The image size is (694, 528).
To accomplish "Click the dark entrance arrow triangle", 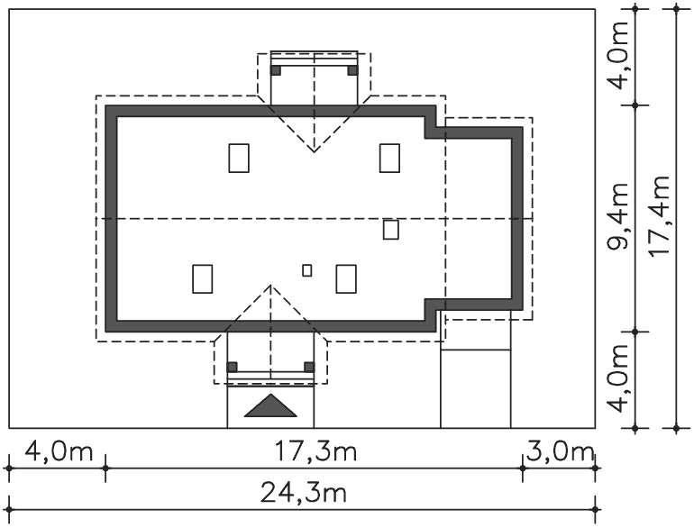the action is point(270,406).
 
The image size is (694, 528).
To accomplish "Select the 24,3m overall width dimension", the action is point(303,493).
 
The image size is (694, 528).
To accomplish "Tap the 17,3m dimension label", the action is point(315,452).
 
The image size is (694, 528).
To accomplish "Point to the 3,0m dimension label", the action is point(560,452).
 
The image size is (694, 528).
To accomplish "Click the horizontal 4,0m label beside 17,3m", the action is point(59,452).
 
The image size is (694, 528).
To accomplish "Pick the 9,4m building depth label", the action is point(618,216).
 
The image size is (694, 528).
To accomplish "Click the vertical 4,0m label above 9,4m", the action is point(618,55).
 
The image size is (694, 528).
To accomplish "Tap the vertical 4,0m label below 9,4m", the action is point(618,378).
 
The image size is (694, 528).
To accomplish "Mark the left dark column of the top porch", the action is point(276,70).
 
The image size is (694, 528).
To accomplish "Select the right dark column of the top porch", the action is point(352,70).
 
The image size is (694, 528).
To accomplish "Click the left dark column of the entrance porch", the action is point(232,367).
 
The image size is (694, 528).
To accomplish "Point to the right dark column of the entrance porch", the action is point(309,367).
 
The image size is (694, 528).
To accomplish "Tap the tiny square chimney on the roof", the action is point(307,270).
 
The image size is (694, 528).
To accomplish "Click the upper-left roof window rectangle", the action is point(239,158).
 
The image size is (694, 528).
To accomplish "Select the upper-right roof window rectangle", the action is point(390,158).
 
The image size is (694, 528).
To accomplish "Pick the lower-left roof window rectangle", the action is point(203,278).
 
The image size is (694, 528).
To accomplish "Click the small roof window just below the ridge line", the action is point(391,230).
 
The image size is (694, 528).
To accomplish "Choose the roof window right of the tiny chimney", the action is point(346,278).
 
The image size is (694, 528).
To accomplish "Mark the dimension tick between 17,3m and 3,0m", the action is point(523,469).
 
